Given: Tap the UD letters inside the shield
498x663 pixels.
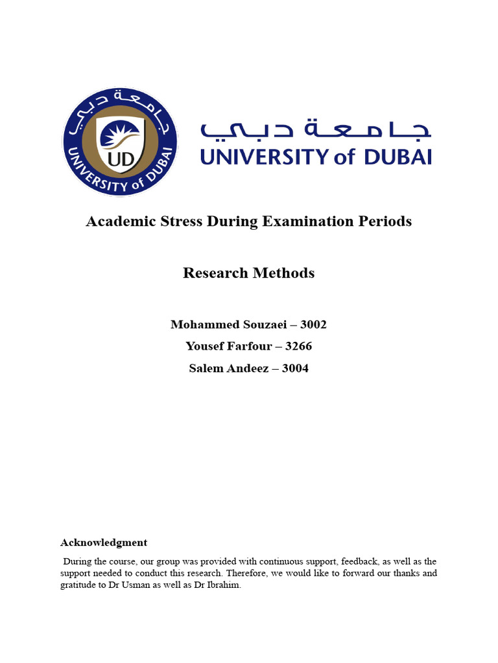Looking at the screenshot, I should tap(120, 159).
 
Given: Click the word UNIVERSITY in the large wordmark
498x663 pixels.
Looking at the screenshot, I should tap(266, 156).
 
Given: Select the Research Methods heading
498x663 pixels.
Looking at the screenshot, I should tap(249, 273).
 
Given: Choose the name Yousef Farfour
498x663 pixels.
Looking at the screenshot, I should tap(224, 346).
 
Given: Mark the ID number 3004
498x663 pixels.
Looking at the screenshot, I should tap(295, 368).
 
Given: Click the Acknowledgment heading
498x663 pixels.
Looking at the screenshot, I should tap(104, 543).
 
